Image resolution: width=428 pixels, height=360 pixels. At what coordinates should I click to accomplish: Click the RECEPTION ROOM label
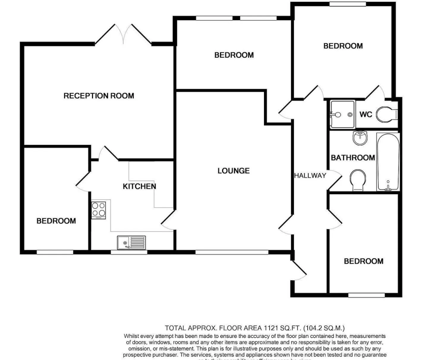pos(99,96)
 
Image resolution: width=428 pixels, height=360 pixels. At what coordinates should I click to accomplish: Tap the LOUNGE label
pos(233,171)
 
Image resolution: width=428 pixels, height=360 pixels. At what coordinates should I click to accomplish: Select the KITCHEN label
pos(139,186)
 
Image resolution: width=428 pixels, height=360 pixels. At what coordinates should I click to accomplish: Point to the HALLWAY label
pos(310,176)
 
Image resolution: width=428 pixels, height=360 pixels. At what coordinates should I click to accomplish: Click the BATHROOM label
pos(353,158)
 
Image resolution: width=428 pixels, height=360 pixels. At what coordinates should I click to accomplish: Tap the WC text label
pos(366,115)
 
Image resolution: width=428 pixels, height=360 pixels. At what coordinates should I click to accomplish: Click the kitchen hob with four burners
pos(99,210)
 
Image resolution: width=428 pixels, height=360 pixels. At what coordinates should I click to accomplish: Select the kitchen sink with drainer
pos(131,242)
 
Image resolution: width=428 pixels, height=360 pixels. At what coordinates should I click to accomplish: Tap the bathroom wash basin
pos(360,138)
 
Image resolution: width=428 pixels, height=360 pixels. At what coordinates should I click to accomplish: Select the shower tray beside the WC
pos(343,115)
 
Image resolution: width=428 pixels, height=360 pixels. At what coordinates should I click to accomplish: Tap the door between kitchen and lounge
pos(168,220)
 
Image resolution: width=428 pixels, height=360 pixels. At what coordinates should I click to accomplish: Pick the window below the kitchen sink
pos(129,252)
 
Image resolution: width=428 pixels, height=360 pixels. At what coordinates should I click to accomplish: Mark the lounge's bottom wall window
pos(232,252)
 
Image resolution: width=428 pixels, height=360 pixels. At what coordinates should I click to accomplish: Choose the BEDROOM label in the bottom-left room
pos(56,221)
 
